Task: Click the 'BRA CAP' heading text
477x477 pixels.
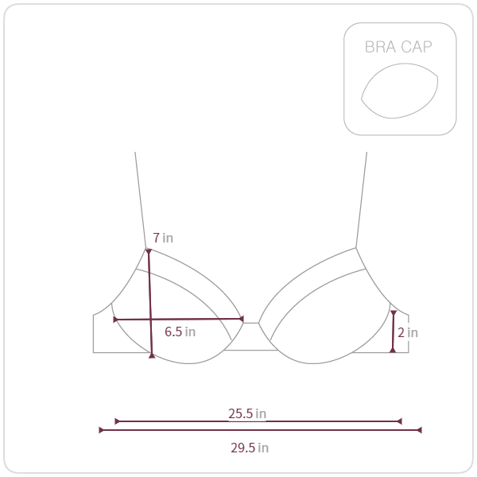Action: (398, 47)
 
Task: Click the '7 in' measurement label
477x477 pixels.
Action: (163, 238)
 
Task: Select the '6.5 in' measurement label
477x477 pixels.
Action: (180, 332)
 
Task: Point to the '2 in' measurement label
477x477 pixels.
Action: (408, 332)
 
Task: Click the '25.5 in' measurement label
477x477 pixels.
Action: (247, 413)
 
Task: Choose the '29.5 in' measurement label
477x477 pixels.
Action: (250, 448)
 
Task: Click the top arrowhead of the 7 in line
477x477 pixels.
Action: (149, 251)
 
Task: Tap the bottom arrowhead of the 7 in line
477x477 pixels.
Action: (152, 355)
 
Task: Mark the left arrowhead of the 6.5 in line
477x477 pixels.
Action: (115, 320)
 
